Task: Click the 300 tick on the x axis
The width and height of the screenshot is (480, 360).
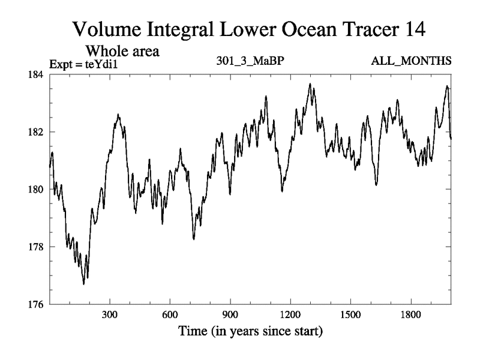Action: coord(109,314)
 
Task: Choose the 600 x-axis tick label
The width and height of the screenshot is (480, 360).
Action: coord(170,314)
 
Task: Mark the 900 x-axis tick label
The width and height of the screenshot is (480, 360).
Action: coord(230,314)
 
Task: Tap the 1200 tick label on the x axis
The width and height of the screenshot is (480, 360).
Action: coord(290,314)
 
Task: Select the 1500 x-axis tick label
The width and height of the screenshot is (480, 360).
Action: coord(350,314)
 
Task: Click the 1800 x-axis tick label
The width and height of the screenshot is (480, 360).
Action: coord(410,314)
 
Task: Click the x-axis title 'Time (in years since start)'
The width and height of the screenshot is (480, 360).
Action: coord(250,331)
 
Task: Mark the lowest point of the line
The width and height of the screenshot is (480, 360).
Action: coord(84,284)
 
